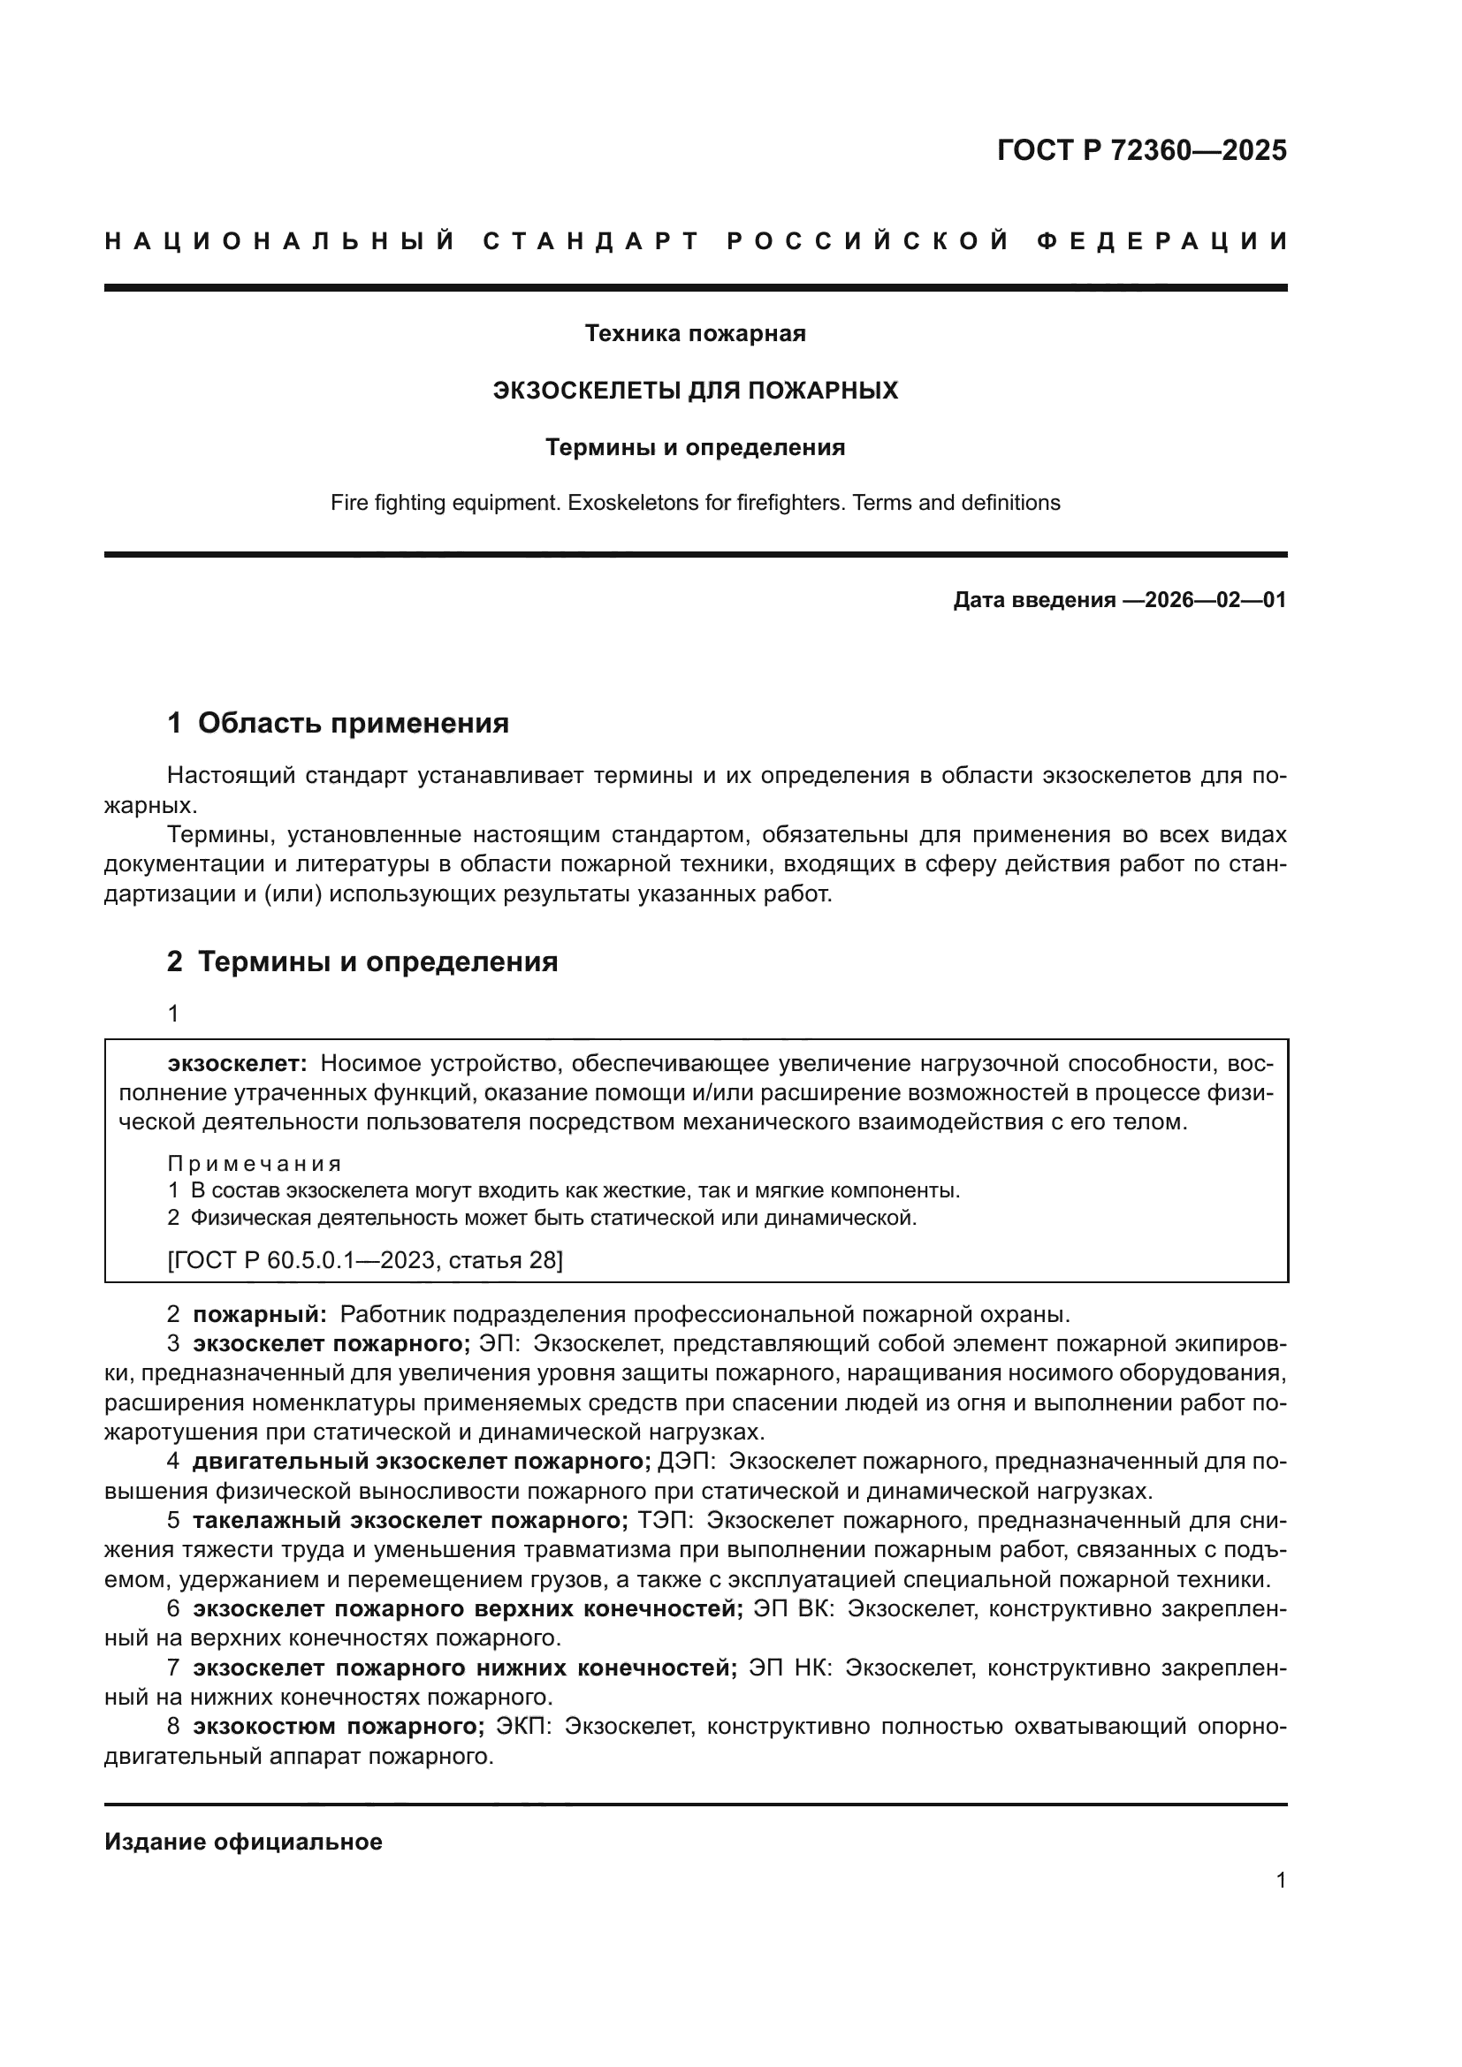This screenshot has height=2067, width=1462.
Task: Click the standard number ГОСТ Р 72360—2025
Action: click(x=1141, y=150)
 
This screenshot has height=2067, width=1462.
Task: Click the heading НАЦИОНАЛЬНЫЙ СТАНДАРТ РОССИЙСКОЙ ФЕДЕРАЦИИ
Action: click(x=695, y=241)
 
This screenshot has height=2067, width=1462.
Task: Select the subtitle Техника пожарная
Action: click(x=695, y=334)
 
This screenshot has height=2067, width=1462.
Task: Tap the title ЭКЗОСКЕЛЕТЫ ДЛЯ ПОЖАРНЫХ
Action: click(x=695, y=391)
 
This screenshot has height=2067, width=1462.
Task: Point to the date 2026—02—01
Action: click(x=1215, y=599)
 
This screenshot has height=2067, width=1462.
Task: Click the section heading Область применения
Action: click(x=353, y=723)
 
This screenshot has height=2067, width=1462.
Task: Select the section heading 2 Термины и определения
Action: click(x=362, y=962)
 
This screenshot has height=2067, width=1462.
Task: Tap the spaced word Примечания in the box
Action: click(x=255, y=1164)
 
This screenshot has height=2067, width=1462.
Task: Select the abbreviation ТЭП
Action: click(x=665, y=1521)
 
